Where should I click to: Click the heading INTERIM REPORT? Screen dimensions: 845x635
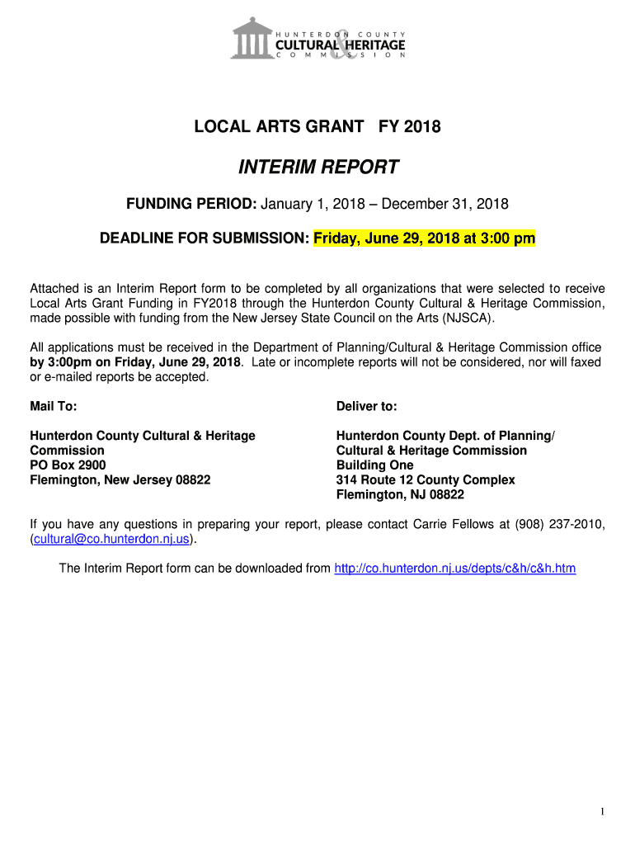[x=318, y=168]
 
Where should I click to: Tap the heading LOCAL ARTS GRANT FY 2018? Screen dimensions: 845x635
[x=317, y=127]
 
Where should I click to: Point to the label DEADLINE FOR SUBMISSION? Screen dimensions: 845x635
[x=205, y=238]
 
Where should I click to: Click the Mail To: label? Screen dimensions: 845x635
[x=54, y=407]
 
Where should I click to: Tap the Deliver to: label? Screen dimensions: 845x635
[x=366, y=407]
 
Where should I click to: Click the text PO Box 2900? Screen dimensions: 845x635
[x=68, y=465]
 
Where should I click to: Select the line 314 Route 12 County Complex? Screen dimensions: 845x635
[x=425, y=480]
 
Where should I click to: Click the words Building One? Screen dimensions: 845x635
[x=374, y=465]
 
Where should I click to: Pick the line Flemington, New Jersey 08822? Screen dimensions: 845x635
[x=120, y=480]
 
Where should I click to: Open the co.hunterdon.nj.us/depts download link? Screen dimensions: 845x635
[x=454, y=569]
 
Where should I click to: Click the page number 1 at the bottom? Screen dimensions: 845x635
[x=602, y=813]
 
